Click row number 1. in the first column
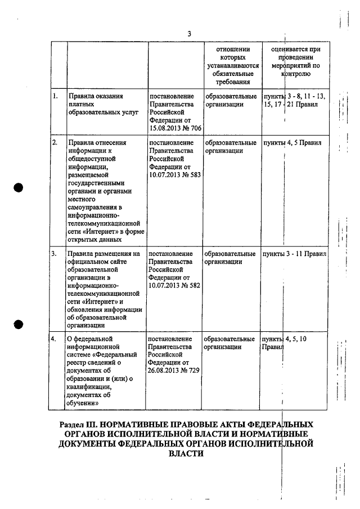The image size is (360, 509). coord(55,96)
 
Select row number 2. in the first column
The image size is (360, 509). coord(55,143)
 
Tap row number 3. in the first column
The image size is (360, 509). coord(55,254)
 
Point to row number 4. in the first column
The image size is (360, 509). coord(55,339)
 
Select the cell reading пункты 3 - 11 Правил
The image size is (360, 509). coord(294,254)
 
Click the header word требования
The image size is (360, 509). coord(232,82)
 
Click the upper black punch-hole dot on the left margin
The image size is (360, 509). coord(19,188)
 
